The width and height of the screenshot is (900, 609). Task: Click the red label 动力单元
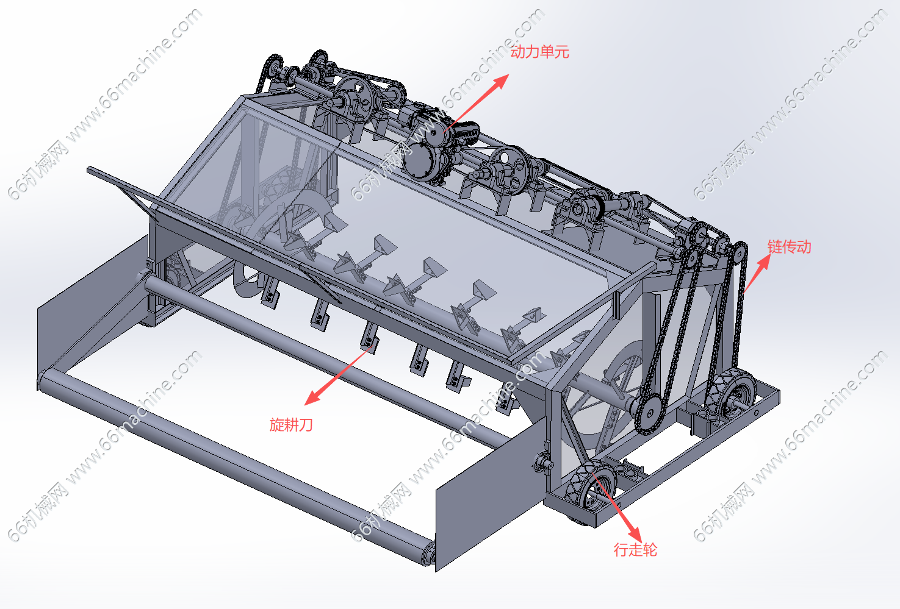539,52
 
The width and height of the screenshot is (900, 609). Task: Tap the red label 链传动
789,247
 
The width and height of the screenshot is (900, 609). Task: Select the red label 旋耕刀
291,425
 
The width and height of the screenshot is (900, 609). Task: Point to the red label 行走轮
635,550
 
